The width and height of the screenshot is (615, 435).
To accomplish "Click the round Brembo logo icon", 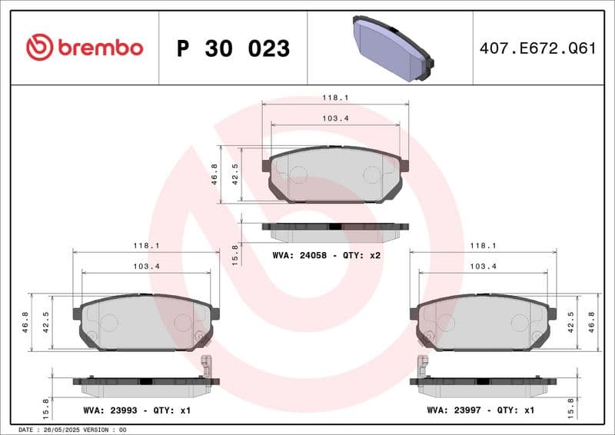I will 39,48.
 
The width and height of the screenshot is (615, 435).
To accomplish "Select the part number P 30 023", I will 233,48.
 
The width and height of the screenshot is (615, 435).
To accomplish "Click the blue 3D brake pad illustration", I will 391,48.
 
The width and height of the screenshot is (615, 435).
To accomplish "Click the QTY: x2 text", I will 362,254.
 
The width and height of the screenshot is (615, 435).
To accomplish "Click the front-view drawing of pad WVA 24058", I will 335,174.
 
